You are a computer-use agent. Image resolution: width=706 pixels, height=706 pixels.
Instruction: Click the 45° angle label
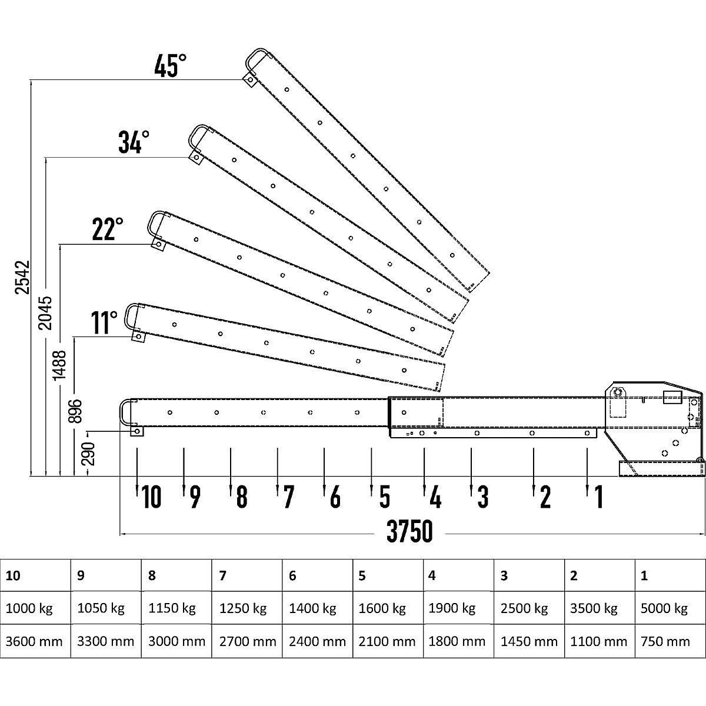[x=170, y=66]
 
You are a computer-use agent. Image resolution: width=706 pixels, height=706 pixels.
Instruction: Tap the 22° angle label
[x=108, y=230]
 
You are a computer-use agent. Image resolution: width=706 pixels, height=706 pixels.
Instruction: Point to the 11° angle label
[x=105, y=322]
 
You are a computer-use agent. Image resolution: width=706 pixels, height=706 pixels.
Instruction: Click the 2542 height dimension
[x=22, y=277]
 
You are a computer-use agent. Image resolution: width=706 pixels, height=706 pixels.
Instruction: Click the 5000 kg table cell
[x=664, y=608]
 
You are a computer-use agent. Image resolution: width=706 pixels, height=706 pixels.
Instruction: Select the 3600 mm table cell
[x=34, y=641]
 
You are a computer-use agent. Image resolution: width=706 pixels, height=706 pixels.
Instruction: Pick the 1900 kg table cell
[x=452, y=608]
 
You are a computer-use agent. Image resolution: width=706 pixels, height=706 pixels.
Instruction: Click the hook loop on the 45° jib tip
[x=254, y=58]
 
